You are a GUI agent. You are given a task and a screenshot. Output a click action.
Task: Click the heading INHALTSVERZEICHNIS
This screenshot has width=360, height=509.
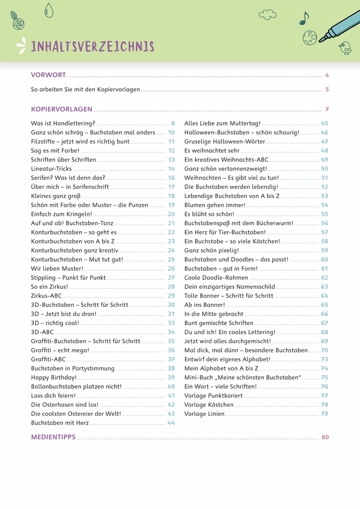(x=92, y=46)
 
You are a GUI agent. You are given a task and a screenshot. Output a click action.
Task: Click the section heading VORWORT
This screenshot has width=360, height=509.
(x=48, y=75)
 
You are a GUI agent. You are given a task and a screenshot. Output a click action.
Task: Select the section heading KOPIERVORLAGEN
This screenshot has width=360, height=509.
(x=62, y=109)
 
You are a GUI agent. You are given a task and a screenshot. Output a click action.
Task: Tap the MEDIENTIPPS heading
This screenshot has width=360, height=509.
(x=53, y=437)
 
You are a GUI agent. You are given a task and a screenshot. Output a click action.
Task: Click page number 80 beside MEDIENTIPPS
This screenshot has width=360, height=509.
(x=325, y=437)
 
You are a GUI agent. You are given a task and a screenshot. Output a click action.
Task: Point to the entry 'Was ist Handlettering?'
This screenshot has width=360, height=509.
(x=63, y=123)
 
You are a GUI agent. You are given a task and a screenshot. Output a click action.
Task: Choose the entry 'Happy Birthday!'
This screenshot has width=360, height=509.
(x=54, y=377)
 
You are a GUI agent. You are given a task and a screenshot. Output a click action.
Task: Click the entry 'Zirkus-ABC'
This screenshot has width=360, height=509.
(x=47, y=296)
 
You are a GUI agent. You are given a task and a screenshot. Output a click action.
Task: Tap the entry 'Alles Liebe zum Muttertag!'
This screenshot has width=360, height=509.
(x=223, y=123)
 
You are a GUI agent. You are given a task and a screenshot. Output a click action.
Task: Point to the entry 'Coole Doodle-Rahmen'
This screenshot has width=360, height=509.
(x=216, y=278)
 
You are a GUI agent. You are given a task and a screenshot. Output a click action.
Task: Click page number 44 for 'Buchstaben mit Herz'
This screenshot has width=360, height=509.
(x=171, y=422)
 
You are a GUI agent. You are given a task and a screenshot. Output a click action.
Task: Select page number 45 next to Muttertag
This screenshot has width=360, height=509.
(x=324, y=123)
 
